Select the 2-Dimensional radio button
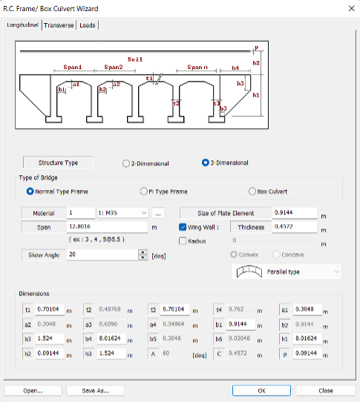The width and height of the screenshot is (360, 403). (127, 163)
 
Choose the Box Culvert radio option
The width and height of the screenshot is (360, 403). (252, 191)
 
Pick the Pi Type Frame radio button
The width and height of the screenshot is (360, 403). (144, 191)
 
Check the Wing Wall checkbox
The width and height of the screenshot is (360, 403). (183, 227)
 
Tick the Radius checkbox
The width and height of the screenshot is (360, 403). (183, 240)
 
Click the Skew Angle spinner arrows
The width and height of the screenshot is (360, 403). (143, 255)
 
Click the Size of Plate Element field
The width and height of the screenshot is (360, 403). (294, 213)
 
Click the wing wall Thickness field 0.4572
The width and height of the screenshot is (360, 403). (294, 227)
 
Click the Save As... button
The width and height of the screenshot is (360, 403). (95, 390)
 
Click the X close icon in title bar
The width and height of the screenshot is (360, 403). (350, 8)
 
